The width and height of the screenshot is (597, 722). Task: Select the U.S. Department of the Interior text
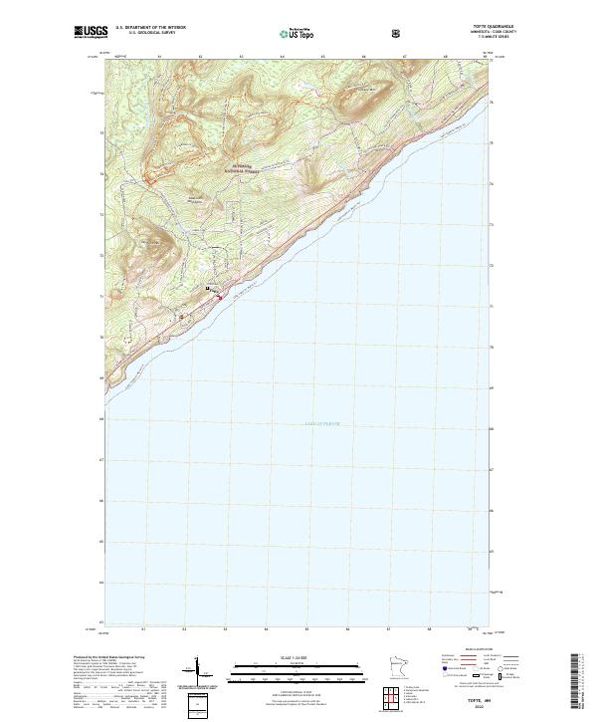151,28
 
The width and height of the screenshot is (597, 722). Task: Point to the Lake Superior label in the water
321,424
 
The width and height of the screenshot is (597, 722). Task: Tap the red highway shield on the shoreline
220,297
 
